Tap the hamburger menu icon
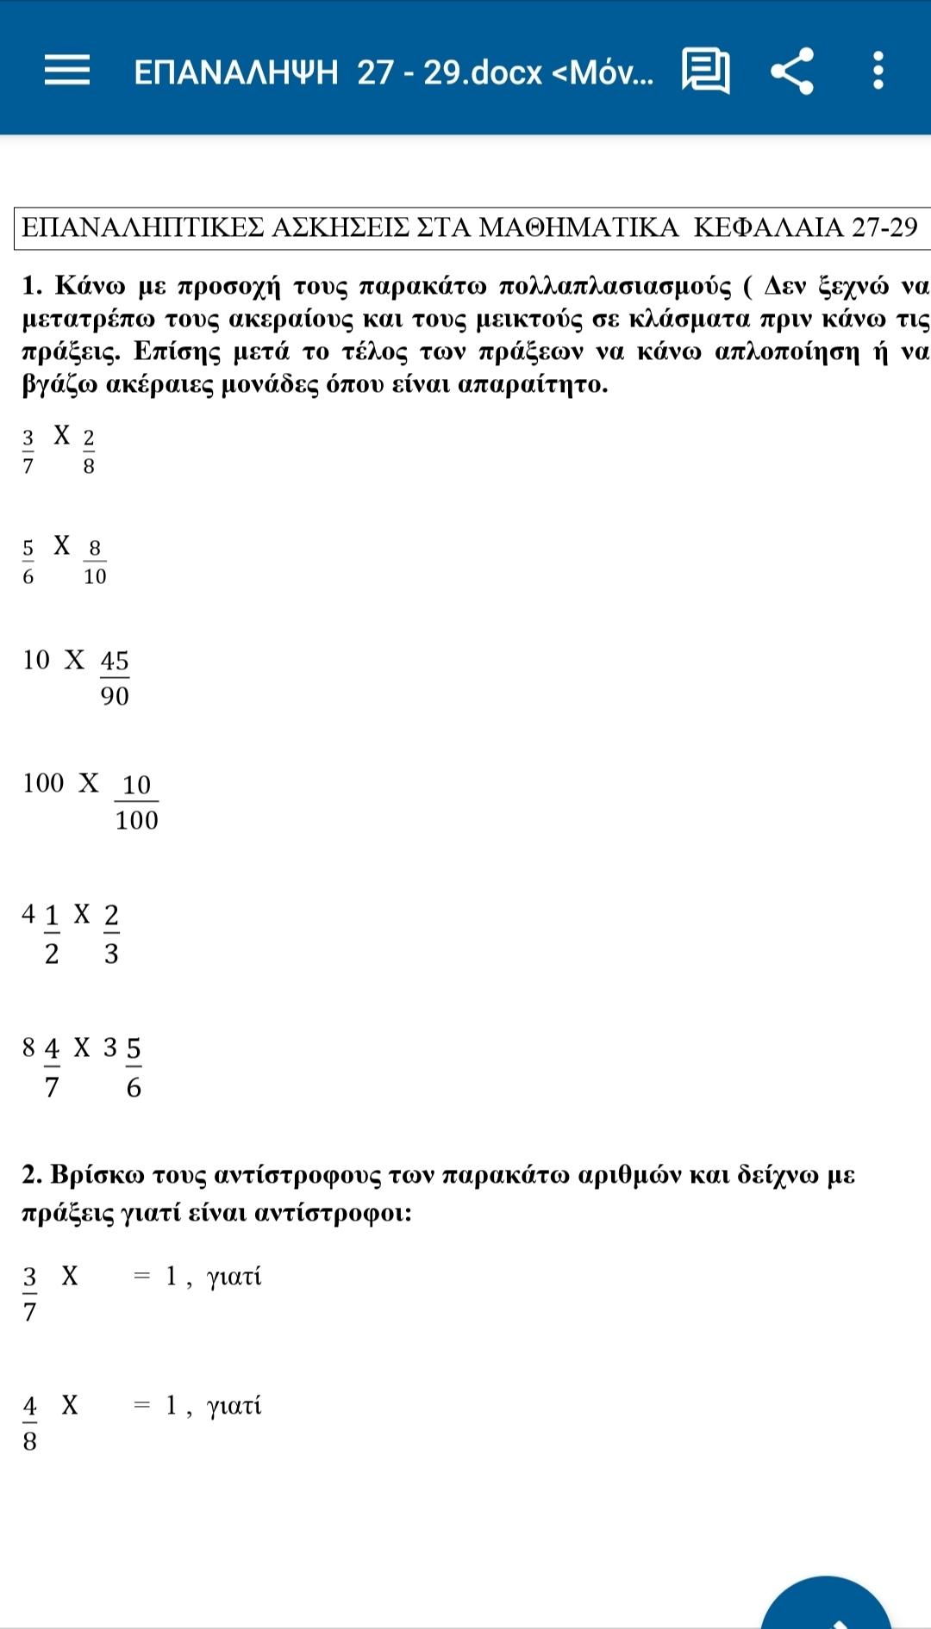click(67, 70)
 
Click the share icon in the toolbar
click(792, 71)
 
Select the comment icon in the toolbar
click(705, 71)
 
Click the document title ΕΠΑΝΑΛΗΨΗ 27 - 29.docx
click(393, 72)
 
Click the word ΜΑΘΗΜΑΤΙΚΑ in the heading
click(578, 227)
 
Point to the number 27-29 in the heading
click(884, 227)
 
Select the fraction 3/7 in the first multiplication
click(28, 451)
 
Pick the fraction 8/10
click(95, 562)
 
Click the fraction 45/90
click(115, 678)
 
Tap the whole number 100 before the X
click(43, 783)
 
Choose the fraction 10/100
click(136, 802)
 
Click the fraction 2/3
click(111, 934)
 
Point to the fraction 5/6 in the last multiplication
click(134, 1067)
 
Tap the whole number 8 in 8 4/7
click(29, 1048)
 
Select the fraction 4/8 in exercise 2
click(30, 1423)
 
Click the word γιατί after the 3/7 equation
click(234, 1276)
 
